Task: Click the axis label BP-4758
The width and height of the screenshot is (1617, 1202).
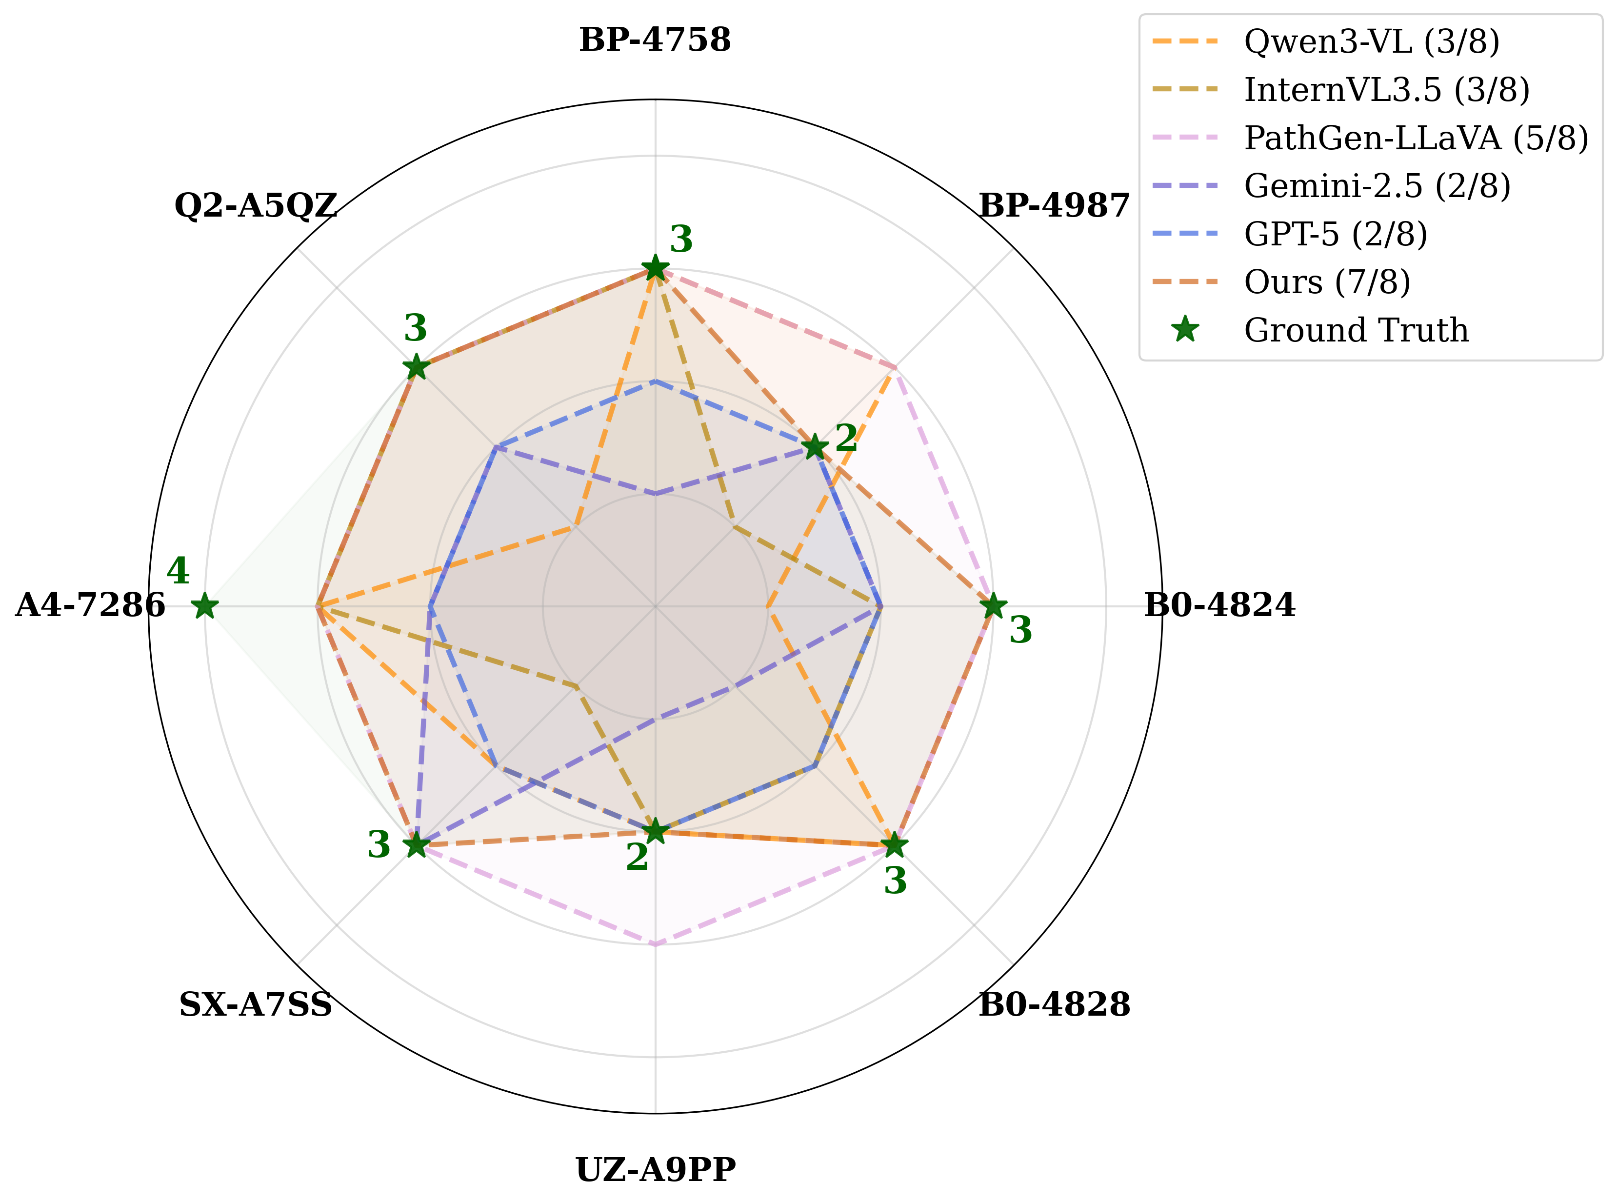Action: pyautogui.click(x=655, y=40)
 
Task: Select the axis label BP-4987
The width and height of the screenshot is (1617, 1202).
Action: pyautogui.click(x=1054, y=206)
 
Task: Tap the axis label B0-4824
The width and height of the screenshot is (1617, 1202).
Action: pyautogui.click(x=1219, y=605)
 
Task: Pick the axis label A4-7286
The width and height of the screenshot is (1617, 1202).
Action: pyautogui.click(x=90, y=605)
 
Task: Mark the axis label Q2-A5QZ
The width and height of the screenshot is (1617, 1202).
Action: pyautogui.click(x=255, y=206)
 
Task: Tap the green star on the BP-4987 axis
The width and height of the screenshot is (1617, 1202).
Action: pyautogui.click(x=815, y=447)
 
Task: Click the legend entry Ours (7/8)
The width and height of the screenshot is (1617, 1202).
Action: pyautogui.click(x=1327, y=282)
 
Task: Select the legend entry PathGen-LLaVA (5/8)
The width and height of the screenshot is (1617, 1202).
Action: pyautogui.click(x=1416, y=138)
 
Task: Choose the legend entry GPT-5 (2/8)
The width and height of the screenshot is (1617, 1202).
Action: pyautogui.click(x=1336, y=234)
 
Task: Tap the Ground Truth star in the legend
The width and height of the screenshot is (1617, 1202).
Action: pyautogui.click(x=1186, y=330)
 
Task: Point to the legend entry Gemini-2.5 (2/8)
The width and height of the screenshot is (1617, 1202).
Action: pyautogui.click(x=1377, y=186)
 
